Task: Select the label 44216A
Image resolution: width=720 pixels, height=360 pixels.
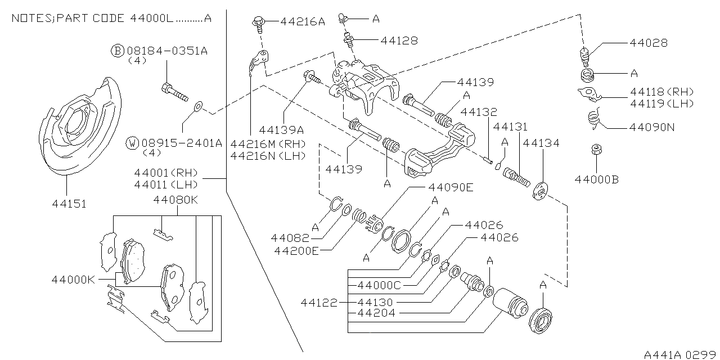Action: pyautogui.click(x=303, y=22)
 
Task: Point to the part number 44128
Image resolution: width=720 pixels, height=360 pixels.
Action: pyautogui.click(x=399, y=40)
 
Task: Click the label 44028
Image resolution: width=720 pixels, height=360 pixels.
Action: pyautogui.click(x=649, y=43)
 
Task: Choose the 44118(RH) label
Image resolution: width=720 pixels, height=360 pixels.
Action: pyautogui.click(x=661, y=92)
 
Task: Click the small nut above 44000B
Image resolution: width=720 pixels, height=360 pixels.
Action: pyautogui.click(x=596, y=150)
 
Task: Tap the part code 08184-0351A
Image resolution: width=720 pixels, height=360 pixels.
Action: pyautogui.click(x=167, y=51)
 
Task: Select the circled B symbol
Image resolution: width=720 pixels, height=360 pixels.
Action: pyautogui.click(x=117, y=51)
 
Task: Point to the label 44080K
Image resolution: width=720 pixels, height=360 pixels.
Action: pyautogui.click(x=177, y=199)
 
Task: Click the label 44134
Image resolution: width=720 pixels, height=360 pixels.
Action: pyautogui.click(x=541, y=143)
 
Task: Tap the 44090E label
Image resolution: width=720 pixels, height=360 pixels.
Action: pyautogui.click(x=451, y=187)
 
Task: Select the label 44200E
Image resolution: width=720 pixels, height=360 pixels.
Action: pyautogui.click(x=296, y=250)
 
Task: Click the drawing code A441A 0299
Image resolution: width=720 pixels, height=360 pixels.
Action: pyautogui.click(x=679, y=354)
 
